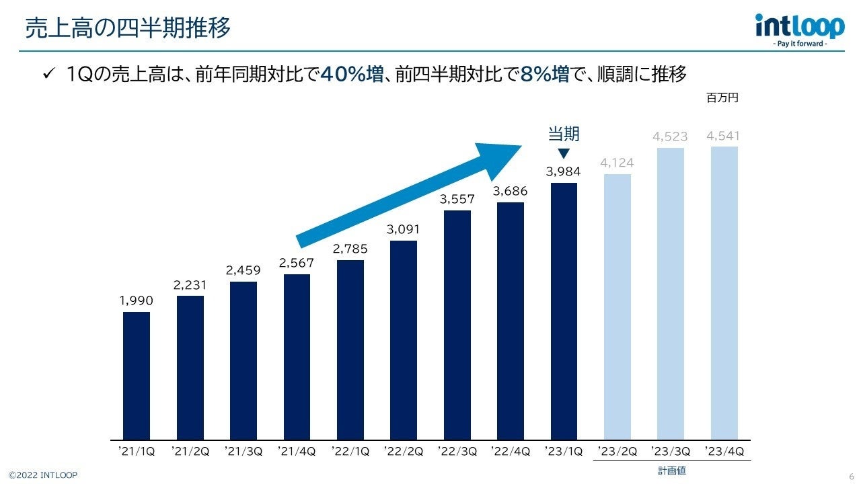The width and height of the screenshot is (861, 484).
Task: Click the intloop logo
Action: pyautogui.click(x=799, y=30)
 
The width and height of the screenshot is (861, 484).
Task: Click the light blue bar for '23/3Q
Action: pyautogui.click(x=671, y=294)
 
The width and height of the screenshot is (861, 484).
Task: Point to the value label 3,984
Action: pyautogui.click(x=563, y=172)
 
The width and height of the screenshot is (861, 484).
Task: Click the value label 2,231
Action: pyautogui.click(x=190, y=285)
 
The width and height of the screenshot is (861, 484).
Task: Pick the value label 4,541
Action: pyautogui.click(x=723, y=136)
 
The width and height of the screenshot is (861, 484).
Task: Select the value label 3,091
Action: pyautogui.click(x=403, y=230)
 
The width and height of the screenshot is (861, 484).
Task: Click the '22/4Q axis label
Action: pyautogui.click(x=510, y=451)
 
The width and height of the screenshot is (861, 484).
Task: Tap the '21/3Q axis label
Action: pyautogui.click(x=243, y=451)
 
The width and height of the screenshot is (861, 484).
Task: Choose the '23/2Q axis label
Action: pyautogui.click(x=617, y=451)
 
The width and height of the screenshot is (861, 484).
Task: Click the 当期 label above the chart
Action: pyautogui.click(x=564, y=134)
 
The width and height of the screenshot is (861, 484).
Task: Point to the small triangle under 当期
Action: pyautogui.click(x=564, y=153)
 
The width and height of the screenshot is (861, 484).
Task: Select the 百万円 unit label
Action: pyautogui.click(x=722, y=98)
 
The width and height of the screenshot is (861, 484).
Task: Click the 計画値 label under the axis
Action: pyautogui.click(x=671, y=471)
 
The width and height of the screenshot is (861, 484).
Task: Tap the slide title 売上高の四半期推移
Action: pyautogui.click(x=128, y=28)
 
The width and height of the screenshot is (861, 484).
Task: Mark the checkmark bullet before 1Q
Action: pyautogui.click(x=48, y=74)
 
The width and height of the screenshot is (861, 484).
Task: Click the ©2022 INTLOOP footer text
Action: pyautogui.click(x=43, y=475)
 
